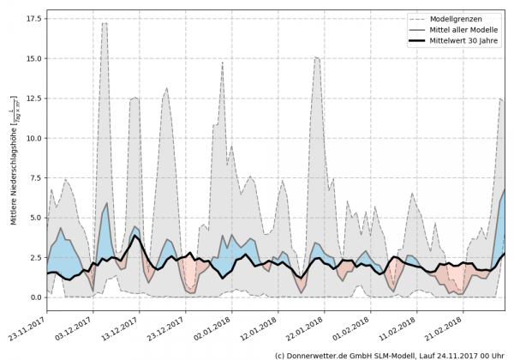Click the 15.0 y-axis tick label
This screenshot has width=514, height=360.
pyautogui.click(x=34, y=58)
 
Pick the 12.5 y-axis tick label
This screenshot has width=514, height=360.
pyautogui.click(x=34, y=99)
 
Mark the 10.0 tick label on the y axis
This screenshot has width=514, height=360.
pyautogui.click(x=34, y=138)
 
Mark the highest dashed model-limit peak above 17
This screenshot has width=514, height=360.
pyautogui.click(x=105, y=23)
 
